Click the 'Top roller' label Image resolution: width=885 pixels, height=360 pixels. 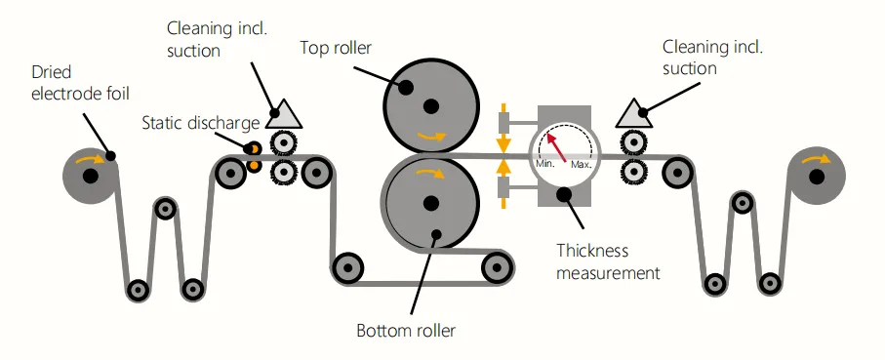(336, 48)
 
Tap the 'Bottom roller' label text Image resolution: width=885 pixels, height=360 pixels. (406, 330)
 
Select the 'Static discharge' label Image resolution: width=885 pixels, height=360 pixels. (200, 123)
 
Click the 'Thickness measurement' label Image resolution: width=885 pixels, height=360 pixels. (608, 261)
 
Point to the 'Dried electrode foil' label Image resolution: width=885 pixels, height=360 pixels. (80, 82)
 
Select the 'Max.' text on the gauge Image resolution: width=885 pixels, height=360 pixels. (582, 165)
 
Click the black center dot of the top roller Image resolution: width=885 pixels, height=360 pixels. (430, 105)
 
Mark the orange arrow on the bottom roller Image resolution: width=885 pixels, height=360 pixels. (430, 173)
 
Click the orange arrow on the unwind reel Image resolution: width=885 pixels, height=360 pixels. (91, 160)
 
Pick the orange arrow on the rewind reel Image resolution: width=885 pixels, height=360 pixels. (816, 159)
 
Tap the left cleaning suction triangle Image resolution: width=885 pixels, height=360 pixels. (284, 114)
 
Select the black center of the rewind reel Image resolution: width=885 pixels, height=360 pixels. (816, 178)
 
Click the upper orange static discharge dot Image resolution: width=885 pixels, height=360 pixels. (255, 148)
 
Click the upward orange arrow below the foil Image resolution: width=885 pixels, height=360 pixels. (504, 185)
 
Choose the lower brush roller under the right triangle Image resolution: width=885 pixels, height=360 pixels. (632, 171)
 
